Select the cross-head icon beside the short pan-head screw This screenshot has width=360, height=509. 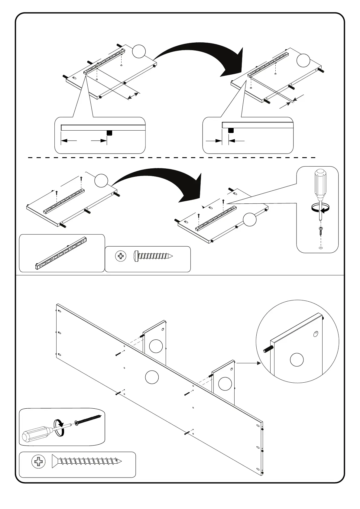pyautogui.click(x=121, y=257)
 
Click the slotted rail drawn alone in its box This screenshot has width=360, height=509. pyautogui.click(x=62, y=253)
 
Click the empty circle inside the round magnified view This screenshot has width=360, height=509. pyautogui.click(x=297, y=360)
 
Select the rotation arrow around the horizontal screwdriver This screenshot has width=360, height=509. pyautogui.click(x=60, y=427)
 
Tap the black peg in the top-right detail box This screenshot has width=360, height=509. pyautogui.click(x=231, y=131)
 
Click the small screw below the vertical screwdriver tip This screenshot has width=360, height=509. pyautogui.click(x=321, y=231)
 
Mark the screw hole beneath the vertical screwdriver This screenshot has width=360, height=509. pyautogui.click(x=321, y=248)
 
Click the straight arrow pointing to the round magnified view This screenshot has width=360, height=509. pyautogui.click(x=248, y=363)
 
